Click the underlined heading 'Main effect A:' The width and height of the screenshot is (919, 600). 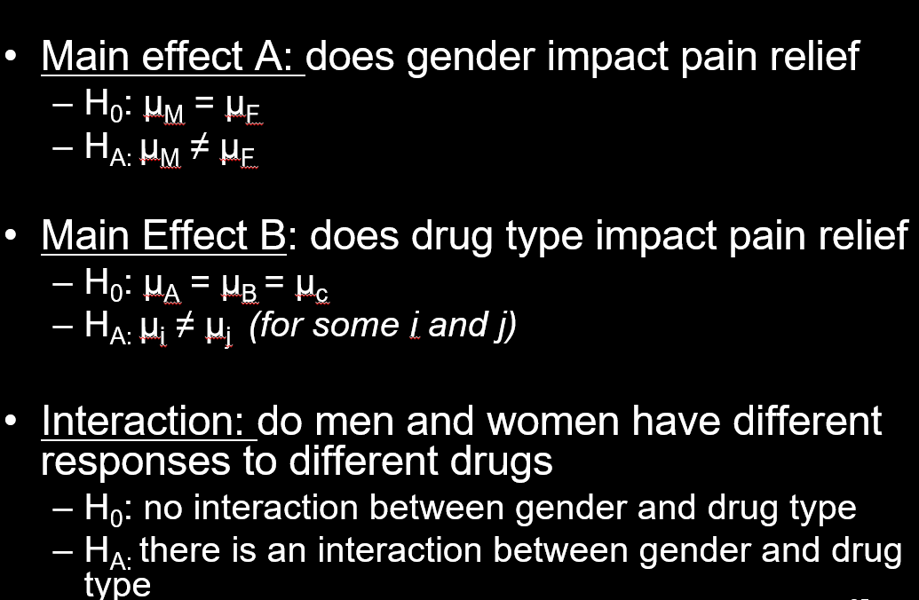(x=173, y=57)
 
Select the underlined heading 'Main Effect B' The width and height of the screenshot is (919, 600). (x=164, y=235)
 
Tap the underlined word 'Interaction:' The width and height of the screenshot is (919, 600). (x=149, y=422)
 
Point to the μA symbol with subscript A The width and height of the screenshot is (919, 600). (x=161, y=284)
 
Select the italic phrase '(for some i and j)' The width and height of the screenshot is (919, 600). (x=383, y=326)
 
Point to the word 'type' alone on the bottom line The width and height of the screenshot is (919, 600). (x=117, y=585)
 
